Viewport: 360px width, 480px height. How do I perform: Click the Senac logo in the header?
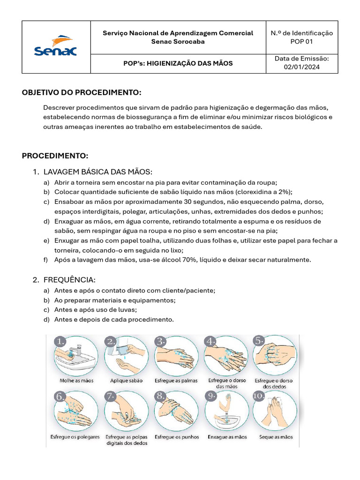[x=55, y=47]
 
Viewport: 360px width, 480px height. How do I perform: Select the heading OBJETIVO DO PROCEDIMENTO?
[x=82, y=92]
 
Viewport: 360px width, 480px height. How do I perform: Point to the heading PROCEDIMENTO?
[x=55, y=155]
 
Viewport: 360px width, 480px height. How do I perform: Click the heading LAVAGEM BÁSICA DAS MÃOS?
[x=98, y=172]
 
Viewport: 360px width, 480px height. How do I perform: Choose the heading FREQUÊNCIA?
[x=69, y=280]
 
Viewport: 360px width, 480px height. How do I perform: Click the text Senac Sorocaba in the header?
[x=178, y=41]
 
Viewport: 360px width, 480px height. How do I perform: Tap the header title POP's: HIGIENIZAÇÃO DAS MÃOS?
[x=178, y=63]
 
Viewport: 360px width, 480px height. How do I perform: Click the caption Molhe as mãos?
[x=76, y=381]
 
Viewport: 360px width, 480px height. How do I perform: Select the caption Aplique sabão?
[x=126, y=381]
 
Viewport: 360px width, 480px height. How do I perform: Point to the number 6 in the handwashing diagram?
[x=60, y=397]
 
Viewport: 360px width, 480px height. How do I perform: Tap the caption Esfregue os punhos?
[x=177, y=437]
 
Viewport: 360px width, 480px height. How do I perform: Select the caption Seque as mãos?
[x=276, y=437]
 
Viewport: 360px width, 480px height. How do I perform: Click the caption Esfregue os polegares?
[x=75, y=437]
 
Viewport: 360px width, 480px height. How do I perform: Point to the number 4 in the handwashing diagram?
[x=210, y=341]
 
